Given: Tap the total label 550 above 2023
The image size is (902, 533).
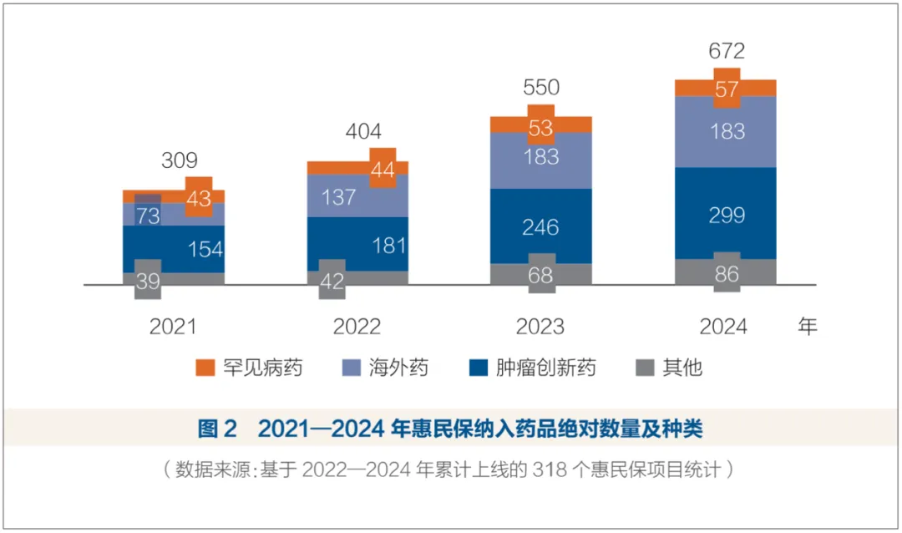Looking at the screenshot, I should click(540, 88).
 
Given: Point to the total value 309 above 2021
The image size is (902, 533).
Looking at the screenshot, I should click(179, 161).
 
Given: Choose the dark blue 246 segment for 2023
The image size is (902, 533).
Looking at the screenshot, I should click(540, 227).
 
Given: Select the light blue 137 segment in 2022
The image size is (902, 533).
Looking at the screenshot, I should click(338, 197).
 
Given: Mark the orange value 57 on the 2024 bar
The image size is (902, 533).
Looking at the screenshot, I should click(727, 88).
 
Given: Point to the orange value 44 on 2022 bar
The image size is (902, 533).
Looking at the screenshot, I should click(382, 169).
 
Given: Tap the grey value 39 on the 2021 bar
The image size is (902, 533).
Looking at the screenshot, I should click(148, 281).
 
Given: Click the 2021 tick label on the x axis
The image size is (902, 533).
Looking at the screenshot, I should click(173, 327).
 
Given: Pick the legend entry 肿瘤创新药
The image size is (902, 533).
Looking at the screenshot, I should click(544, 368).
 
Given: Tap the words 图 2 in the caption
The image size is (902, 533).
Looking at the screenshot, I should click(218, 429).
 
